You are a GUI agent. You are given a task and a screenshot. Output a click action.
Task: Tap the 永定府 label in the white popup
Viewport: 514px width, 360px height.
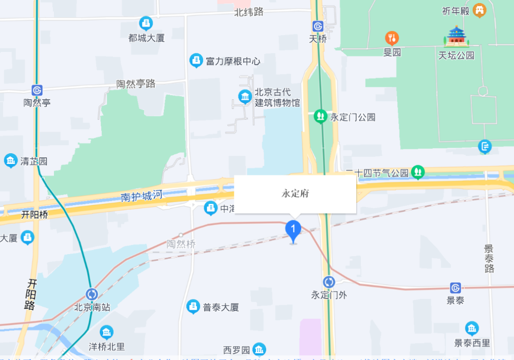tap(295, 194)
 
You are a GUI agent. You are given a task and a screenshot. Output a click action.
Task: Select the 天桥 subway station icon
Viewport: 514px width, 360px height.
tap(318, 26)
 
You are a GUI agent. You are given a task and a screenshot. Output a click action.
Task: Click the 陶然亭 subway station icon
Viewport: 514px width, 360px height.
tap(37, 90)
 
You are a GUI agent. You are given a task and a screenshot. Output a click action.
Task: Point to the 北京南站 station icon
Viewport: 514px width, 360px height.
tap(92, 294)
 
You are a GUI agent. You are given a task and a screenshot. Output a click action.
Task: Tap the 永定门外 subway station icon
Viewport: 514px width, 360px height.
tap(329, 282)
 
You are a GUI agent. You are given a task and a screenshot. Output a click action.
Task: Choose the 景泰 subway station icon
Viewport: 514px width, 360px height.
tap(455, 288)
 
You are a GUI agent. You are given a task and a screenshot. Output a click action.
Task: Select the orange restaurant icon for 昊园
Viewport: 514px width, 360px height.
tap(392, 38)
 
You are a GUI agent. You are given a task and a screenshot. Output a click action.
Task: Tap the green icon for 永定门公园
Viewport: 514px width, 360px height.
tap(321, 117)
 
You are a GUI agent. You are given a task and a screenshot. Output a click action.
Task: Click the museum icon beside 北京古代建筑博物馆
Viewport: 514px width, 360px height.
tap(245, 96)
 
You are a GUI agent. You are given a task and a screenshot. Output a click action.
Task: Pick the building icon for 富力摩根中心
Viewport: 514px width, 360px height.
tap(196, 61)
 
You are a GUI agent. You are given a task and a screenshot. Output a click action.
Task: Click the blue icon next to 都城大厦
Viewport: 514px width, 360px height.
tap(146, 23)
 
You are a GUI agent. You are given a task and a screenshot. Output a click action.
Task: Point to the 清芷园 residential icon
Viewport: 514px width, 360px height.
tap(10, 160)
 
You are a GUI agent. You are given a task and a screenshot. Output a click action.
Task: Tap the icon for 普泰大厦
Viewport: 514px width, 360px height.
tap(193, 307)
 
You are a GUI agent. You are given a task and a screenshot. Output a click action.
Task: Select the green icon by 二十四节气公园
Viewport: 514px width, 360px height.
tap(418, 172)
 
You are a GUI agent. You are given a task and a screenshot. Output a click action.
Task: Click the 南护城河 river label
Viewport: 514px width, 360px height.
tap(141, 196)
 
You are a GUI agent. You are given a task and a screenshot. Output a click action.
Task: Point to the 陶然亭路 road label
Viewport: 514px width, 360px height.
tap(136, 84)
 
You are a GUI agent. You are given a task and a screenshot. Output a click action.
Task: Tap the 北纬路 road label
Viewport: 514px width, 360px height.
tap(249, 12)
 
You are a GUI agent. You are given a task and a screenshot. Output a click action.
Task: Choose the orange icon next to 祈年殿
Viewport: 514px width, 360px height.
tap(480, 10)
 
